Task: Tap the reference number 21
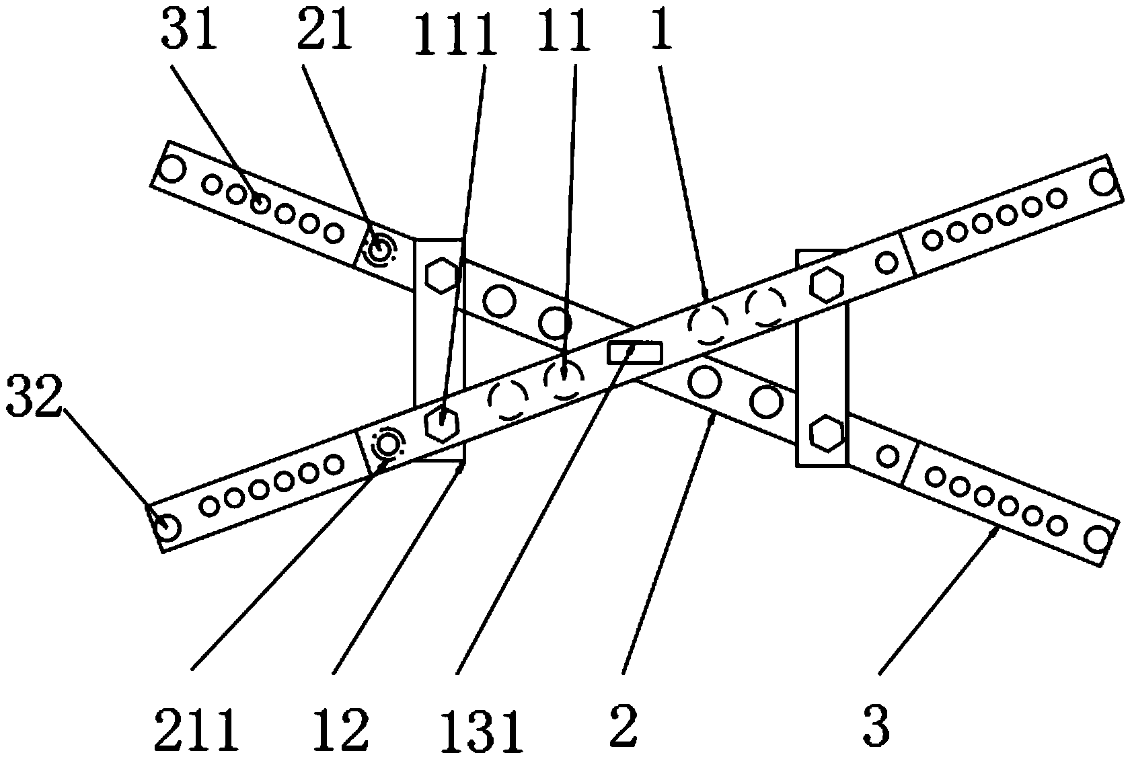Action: click(x=325, y=32)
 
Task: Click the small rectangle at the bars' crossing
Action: click(x=634, y=352)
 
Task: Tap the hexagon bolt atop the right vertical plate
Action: click(x=826, y=284)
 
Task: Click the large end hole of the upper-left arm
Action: click(x=172, y=168)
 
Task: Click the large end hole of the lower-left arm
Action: click(x=167, y=526)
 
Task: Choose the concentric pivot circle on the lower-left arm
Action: click(x=388, y=444)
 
